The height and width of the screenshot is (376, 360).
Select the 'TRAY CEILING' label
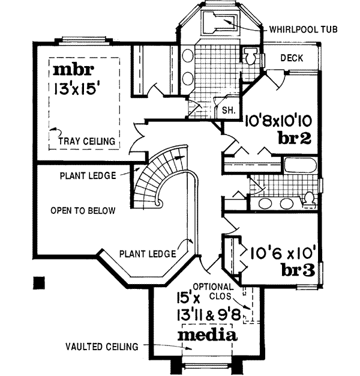(87, 141)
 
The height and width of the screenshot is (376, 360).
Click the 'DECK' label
(292, 58)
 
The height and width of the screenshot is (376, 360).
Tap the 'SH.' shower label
(228, 110)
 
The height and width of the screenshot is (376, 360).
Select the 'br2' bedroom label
(294, 138)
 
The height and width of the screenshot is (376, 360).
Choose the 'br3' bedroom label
(298, 271)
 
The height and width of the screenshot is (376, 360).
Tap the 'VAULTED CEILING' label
(103, 347)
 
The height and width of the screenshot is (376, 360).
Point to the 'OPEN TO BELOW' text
(83, 211)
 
